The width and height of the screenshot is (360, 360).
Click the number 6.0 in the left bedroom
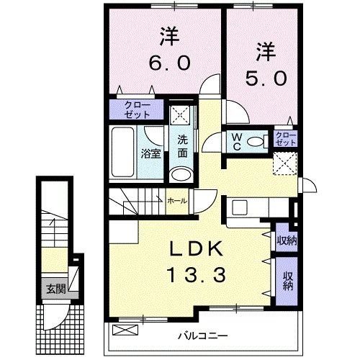(169, 63)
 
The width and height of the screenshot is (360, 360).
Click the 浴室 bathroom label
(150, 153)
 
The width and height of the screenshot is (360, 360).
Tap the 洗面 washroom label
(182, 146)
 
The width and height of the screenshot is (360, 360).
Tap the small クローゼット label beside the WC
(285, 139)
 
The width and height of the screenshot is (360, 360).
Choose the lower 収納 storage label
(287, 281)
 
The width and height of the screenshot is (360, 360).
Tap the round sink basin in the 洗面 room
(181, 174)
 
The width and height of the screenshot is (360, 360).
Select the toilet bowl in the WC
(251, 142)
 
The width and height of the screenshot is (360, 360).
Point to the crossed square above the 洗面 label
(181, 114)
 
